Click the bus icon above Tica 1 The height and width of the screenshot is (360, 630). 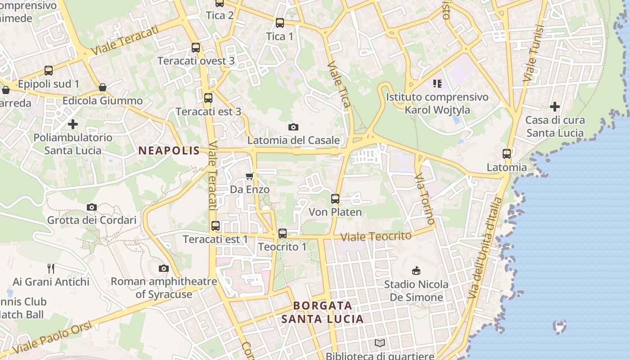[280, 22]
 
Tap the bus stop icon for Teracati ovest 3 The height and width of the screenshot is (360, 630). [196, 47]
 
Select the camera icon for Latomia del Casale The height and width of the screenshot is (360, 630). [293, 127]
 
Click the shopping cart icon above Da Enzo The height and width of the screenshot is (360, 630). [250, 176]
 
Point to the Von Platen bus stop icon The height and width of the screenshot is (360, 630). [335, 198]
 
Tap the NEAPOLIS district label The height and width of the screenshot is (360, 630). [169, 151]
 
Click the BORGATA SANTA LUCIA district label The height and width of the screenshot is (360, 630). [322, 312]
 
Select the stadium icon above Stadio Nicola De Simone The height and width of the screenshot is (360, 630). [417, 270]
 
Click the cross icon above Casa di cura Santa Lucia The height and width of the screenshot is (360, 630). [555, 107]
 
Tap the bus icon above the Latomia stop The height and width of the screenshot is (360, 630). [507, 154]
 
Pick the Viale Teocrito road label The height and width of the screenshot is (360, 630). [376, 236]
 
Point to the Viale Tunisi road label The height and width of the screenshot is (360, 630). [534, 53]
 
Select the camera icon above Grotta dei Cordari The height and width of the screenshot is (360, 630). [92, 207]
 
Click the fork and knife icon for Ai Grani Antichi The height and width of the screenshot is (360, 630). [51, 269]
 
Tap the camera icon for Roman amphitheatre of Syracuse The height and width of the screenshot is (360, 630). [164, 268]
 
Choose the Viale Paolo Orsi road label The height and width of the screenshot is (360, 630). [53, 337]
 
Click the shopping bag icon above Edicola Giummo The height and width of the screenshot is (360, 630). [103, 87]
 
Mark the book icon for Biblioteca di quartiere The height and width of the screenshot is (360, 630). [380, 343]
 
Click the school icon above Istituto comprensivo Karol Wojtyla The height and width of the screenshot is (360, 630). [437, 83]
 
